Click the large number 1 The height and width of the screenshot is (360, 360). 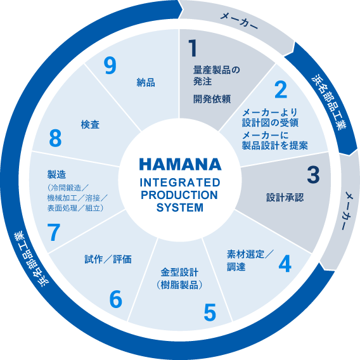point(193,48)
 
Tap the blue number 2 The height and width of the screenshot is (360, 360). point(281,89)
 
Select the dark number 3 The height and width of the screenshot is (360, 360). point(313,174)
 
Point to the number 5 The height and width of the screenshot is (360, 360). point(210,312)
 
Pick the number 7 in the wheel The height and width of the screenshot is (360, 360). point(53,232)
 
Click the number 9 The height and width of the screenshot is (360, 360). point(110,65)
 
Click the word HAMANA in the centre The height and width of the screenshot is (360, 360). point(180,164)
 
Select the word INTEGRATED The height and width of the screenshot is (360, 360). point(180,183)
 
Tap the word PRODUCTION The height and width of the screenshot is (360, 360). point(179,195)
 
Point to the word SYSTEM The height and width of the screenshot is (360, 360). point(180,207)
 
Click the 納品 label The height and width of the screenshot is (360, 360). point(146,82)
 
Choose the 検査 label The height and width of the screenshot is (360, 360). point(90,125)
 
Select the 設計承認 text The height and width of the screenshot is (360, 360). point(285,198)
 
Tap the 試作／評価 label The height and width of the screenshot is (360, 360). point(108,259)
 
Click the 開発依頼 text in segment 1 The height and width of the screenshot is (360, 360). point(212,99)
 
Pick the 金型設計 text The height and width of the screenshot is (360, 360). point(179,273)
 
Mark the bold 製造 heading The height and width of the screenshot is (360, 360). point(56,174)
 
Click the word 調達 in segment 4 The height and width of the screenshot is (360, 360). point(236,267)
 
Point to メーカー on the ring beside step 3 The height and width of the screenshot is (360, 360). point(346,211)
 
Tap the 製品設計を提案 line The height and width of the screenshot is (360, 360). point(275,145)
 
